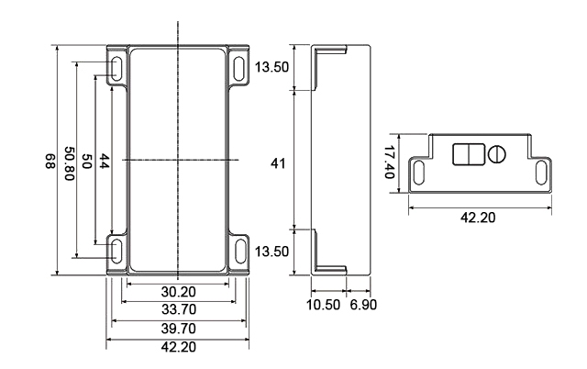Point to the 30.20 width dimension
click(179, 291)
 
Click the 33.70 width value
click(179, 309)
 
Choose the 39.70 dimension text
click(179, 328)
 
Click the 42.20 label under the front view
click(179, 346)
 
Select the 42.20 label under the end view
click(481, 218)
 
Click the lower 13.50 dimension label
click(272, 251)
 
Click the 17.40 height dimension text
click(389, 162)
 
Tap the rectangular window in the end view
click(468, 153)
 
